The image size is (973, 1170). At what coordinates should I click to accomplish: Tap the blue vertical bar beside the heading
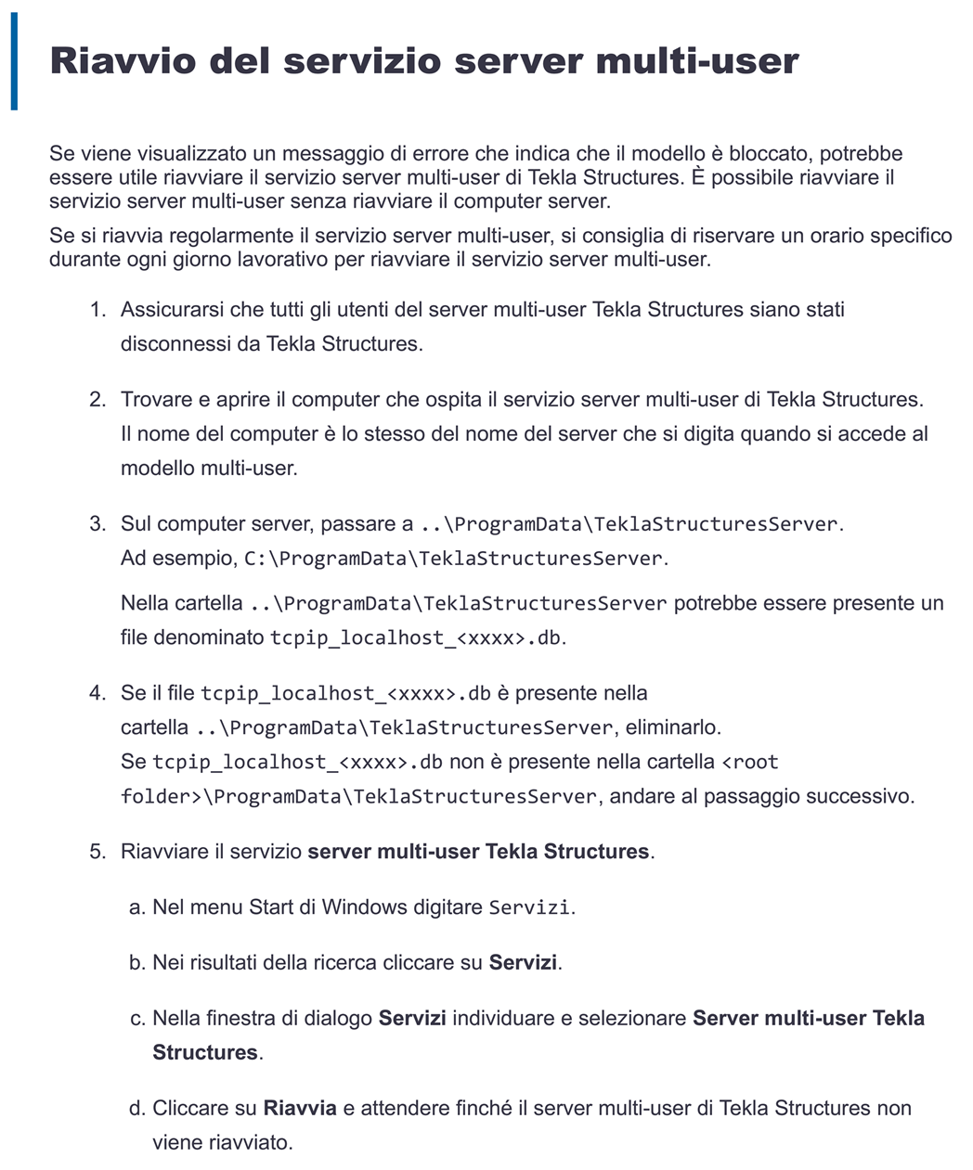coord(14,61)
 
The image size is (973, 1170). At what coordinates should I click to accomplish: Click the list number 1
coord(97,310)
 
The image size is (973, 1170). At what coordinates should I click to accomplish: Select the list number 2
coord(97,400)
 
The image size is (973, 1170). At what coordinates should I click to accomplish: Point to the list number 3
coord(97,524)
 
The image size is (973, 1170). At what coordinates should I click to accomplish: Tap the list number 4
coord(97,693)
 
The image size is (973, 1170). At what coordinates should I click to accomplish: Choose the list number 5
coord(97,852)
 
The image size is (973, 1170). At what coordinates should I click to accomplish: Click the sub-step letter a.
coord(137,907)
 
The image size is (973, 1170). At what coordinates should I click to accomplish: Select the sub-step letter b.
coord(137,963)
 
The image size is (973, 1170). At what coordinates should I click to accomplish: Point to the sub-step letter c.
coord(137,1019)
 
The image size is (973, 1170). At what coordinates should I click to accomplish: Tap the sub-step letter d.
coord(137,1109)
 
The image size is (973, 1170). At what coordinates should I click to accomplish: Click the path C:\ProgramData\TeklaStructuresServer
coord(453,559)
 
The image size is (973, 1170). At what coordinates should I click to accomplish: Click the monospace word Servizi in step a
coord(529,907)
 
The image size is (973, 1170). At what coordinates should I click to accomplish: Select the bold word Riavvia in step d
coord(300,1109)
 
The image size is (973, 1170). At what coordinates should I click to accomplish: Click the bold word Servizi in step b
coord(523,963)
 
